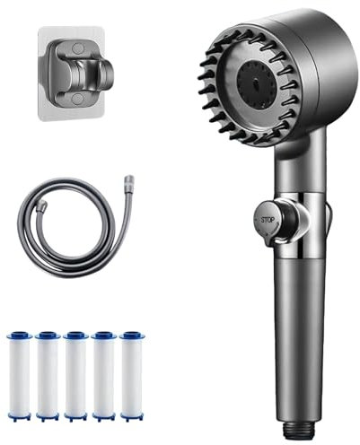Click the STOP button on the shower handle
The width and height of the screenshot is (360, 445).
coord(267,218)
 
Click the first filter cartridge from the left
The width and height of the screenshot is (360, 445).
coord(20,375)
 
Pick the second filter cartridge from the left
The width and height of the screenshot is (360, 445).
coord(48,375)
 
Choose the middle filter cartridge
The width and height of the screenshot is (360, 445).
coord(75,375)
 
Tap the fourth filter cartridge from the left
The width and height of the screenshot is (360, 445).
coord(104,375)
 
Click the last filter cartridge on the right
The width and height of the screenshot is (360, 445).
coord(133,375)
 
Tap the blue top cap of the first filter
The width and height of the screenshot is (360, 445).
coord(20,336)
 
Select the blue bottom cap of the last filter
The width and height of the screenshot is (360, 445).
coord(133,415)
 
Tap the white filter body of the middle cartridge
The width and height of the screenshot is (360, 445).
coord(75,377)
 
